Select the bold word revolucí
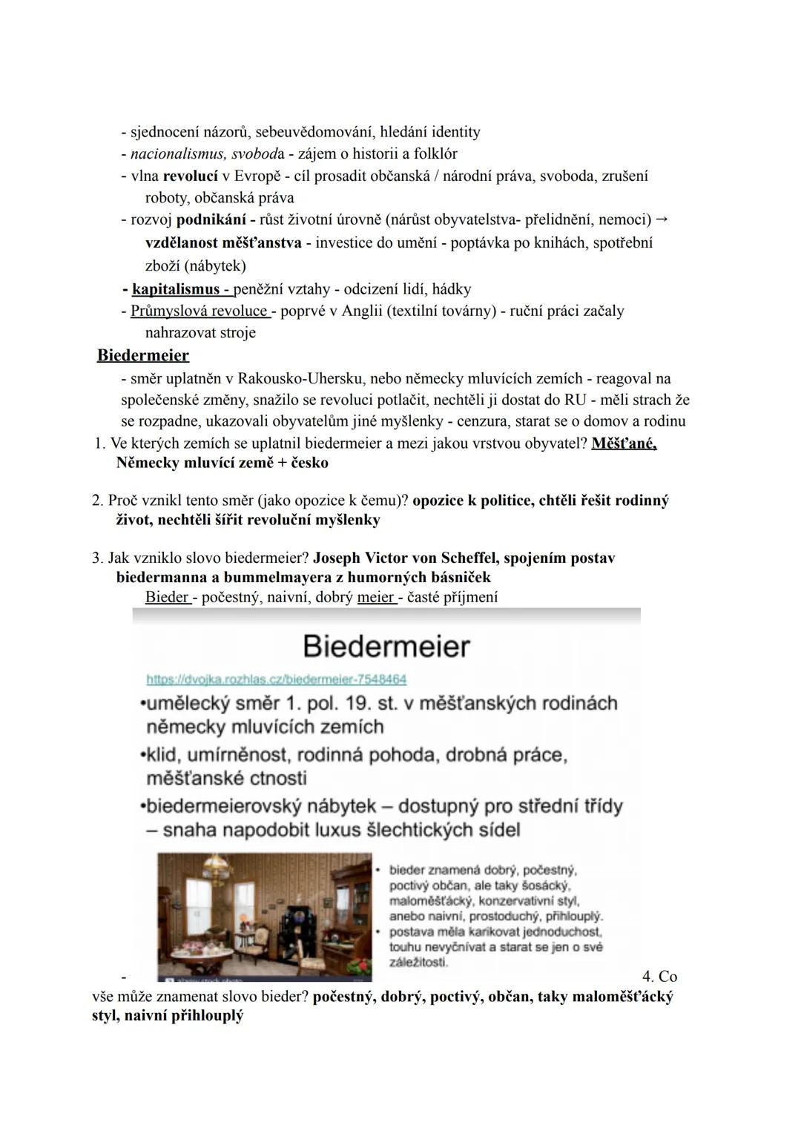click(190, 177)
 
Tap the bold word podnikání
click(211, 220)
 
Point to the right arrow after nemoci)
click(662, 220)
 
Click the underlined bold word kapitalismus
click(175, 289)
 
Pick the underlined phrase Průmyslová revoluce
click(198, 311)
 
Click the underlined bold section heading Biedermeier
click(143, 355)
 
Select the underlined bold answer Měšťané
click(624, 444)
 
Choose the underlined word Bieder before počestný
click(166, 597)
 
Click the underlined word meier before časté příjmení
click(375, 597)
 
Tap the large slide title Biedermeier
click(386, 647)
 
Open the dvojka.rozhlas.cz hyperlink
click(276, 679)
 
